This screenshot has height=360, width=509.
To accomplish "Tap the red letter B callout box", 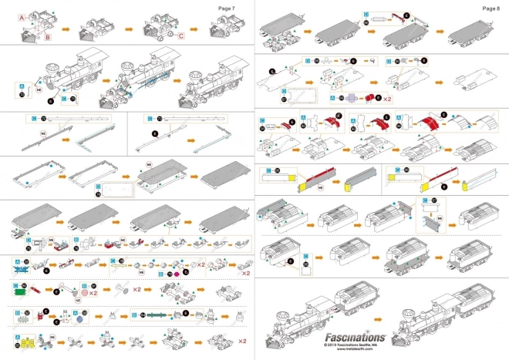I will pos(47,35).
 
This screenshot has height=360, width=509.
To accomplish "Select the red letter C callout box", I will pos(181,35).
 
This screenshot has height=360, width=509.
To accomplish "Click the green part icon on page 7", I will pos(17,290).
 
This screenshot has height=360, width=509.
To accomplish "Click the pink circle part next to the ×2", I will pos(83,293).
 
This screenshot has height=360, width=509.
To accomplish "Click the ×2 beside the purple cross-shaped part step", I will pos(387,99).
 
